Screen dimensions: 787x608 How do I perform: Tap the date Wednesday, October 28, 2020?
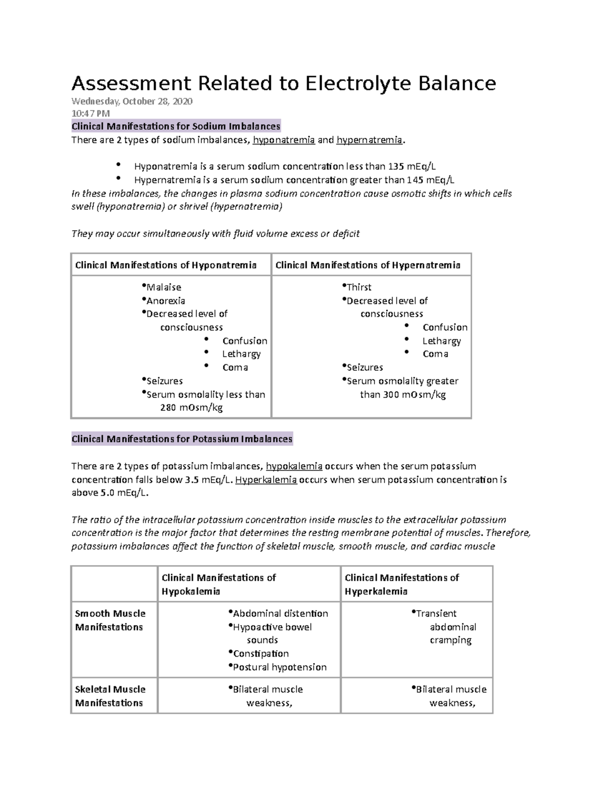tap(132, 101)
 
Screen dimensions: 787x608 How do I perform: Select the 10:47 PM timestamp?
tap(90, 114)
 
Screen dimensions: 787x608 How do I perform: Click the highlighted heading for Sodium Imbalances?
tap(176, 126)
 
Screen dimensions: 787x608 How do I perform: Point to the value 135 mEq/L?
tap(412, 166)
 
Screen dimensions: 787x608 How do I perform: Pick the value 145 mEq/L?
tap(431, 180)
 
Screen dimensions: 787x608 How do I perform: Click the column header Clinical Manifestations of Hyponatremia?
tap(166, 265)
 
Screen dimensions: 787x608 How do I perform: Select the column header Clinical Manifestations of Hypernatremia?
tap(367, 265)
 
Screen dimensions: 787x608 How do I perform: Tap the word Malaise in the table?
tap(164, 287)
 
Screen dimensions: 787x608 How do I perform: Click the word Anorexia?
tap(166, 301)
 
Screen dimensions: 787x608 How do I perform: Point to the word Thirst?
tap(359, 287)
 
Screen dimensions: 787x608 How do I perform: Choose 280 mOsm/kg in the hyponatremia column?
tap(192, 408)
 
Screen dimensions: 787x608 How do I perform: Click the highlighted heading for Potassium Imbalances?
tap(182, 439)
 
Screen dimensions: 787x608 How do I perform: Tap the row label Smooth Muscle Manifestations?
tap(110, 620)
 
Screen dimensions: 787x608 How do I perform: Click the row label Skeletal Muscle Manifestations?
tap(110, 696)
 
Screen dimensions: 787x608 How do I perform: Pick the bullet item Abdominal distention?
tap(280, 614)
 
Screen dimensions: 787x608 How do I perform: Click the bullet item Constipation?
tap(261, 654)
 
